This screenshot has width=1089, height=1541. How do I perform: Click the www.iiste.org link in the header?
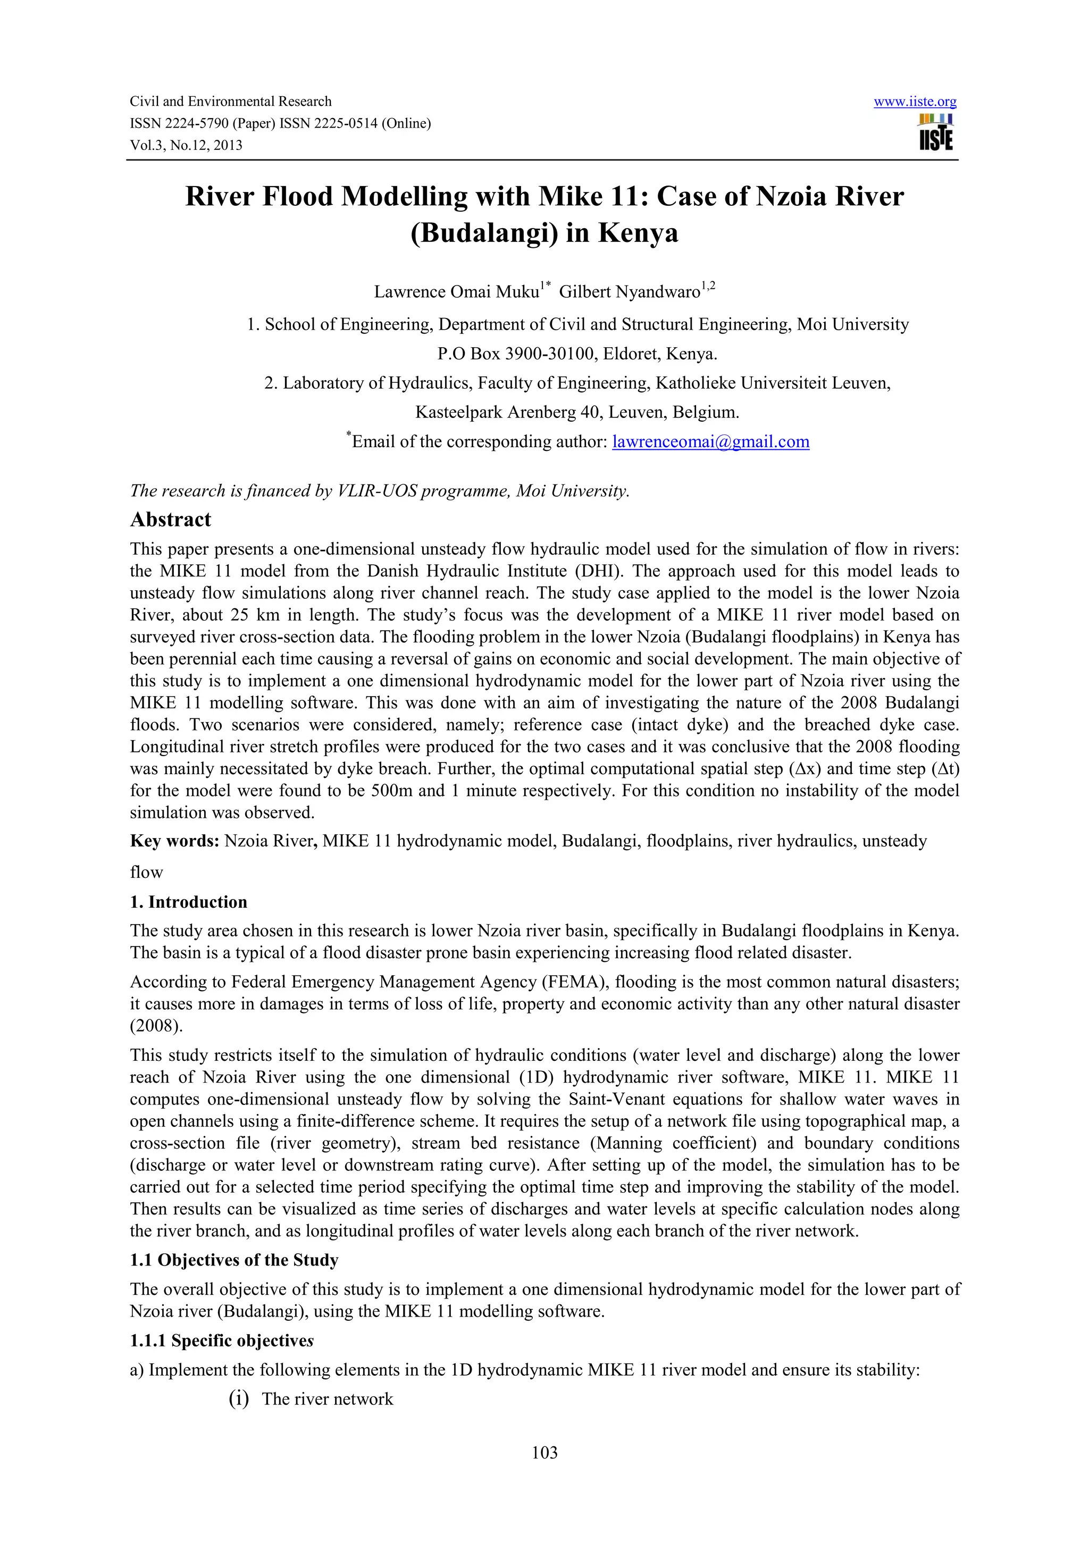pyautogui.click(x=915, y=102)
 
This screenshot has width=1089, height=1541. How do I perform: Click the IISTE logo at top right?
pyautogui.click(x=935, y=132)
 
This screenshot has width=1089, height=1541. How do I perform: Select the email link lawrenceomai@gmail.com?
pyautogui.click(x=710, y=442)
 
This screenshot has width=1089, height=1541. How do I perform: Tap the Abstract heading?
pyautogui.click(x=171, y=520)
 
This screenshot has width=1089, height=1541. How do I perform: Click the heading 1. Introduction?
pyautogui.click(x=189, y=902)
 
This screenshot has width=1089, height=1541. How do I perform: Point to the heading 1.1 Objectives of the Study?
pyautogui.click(x=234, y=1260)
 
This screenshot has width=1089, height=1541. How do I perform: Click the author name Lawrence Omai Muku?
pyautogui.click(x=456, y=292)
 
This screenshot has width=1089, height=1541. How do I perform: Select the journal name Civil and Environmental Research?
pyautogui.click(x=231, y=102)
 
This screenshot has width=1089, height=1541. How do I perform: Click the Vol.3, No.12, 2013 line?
pyautogui.click(x=186, y=145)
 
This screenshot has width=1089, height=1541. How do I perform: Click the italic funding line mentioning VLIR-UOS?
pyautogui.click(x=380, y=491)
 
